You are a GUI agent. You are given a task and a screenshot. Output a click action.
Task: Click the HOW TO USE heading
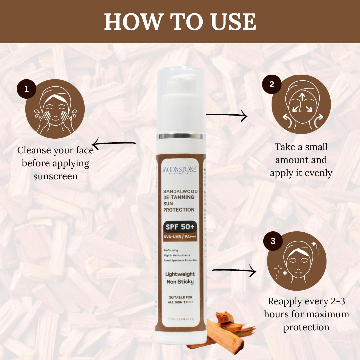click(180, 22)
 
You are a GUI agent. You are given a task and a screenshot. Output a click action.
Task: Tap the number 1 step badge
click(26, 89)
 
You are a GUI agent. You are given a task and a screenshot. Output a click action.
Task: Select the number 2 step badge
click(272, 84)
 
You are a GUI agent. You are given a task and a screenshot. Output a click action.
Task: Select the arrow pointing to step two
click(227, 116)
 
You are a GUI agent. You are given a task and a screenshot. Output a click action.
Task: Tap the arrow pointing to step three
click(234, 271)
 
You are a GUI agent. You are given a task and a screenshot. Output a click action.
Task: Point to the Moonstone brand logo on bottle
click(180, 170)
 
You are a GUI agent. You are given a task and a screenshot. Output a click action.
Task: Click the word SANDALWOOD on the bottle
click(180, 191)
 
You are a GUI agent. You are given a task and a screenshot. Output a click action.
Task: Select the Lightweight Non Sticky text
click(180, 278)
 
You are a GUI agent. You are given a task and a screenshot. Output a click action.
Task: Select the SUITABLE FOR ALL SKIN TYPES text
click(180, 299)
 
